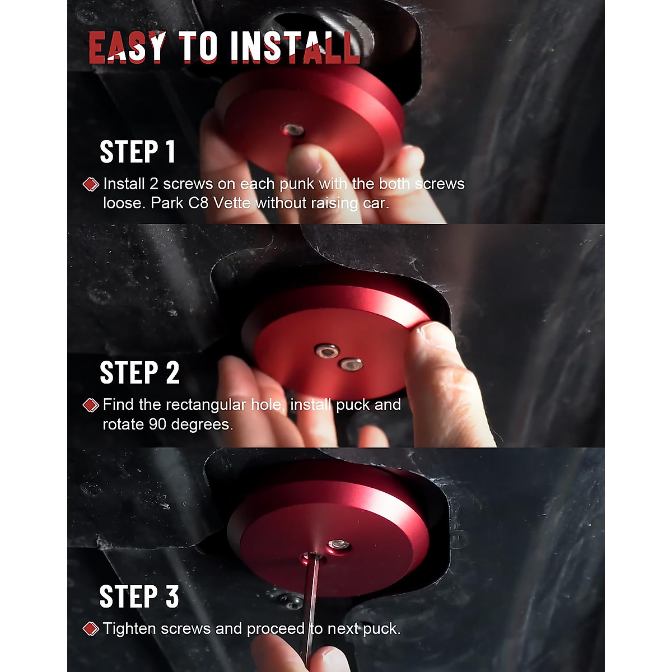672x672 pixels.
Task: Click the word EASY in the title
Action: tap(127, 47)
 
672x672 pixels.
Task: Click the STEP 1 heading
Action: tap(138, 152)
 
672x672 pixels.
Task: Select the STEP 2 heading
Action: tap(139, 373)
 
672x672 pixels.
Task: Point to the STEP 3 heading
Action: tap(139, 596)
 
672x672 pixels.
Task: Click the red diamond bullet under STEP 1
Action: tap(91, 184)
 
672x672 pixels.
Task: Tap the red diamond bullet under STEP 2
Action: tap(91, 405)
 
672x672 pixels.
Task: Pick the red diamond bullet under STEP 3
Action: tap(91, 629)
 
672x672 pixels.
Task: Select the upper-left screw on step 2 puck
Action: tap(326, 351)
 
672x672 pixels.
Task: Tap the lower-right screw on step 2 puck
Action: tap(351, 365)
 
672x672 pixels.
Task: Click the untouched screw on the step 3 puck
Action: tap(338, 545)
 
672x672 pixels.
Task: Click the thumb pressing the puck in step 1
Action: tap(305, 168)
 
